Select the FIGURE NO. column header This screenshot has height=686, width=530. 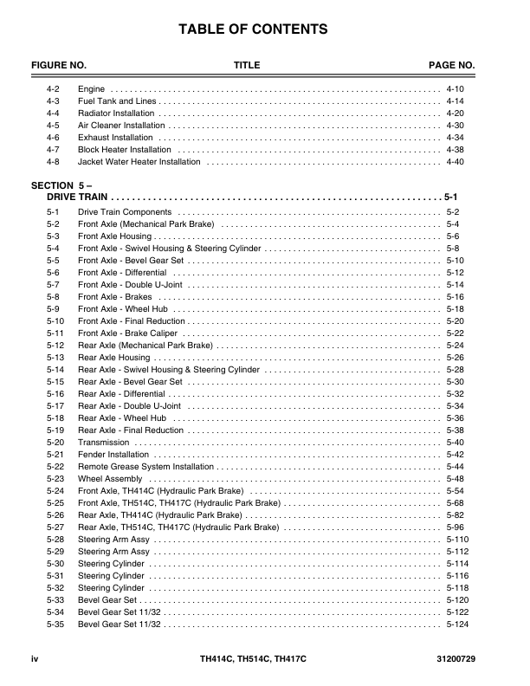[59, 66]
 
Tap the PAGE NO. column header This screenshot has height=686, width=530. [452, 66]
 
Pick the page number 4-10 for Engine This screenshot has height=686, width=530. [455, 89]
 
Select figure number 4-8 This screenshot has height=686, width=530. [53, 161]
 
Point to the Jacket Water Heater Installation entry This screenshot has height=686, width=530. [139, 161]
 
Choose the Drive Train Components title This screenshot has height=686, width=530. [125, 212]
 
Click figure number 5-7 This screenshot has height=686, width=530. [53, 284]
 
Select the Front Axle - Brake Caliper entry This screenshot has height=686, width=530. [127, 333]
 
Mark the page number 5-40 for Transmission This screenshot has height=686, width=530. [455, 442]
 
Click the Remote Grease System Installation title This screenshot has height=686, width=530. [145, 466]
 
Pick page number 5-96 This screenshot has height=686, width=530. [455, 527]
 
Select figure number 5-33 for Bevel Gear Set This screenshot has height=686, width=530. [55, 599]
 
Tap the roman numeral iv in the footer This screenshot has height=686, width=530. [36, 661]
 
